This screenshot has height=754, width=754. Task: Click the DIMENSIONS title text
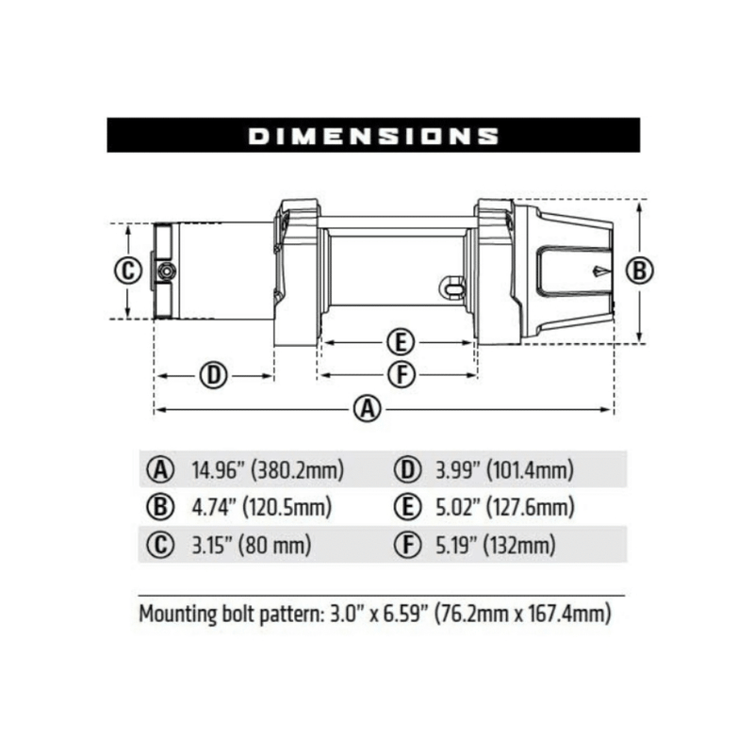373,136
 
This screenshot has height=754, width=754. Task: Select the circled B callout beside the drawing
640,270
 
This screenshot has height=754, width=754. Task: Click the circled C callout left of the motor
126,270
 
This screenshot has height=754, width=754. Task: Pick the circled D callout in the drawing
213,375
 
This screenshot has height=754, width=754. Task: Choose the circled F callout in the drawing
402,375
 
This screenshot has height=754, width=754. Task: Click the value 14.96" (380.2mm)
267,469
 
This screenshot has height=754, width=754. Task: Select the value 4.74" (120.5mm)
261,507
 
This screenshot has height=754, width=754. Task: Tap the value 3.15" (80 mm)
251,545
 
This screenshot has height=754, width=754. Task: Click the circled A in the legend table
161,469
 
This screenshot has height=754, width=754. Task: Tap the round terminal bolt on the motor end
165,271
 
